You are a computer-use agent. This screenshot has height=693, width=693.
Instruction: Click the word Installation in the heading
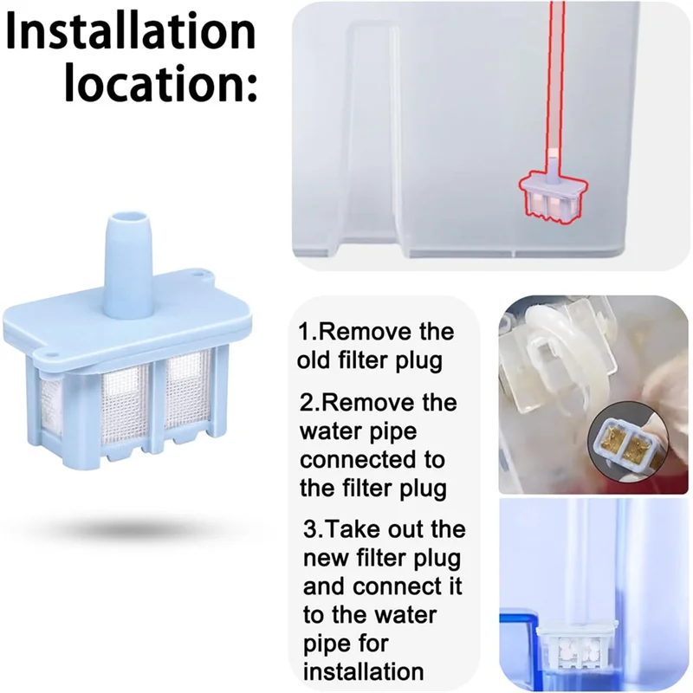tap(132, 32)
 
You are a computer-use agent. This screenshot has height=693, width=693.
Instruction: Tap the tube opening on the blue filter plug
tap(129, 220)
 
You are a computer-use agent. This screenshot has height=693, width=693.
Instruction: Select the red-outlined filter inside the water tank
tap(554, 196)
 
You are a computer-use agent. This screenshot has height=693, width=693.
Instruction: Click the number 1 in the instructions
tap(304, 332)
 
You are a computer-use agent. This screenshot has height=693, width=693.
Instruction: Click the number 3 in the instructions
tap(310, 528)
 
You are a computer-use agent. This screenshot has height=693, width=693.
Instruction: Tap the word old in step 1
tap(314, 359)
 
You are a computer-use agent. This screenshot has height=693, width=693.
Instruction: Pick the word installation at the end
tap(363, 671)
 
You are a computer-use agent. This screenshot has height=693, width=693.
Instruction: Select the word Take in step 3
tap(350, 528)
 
